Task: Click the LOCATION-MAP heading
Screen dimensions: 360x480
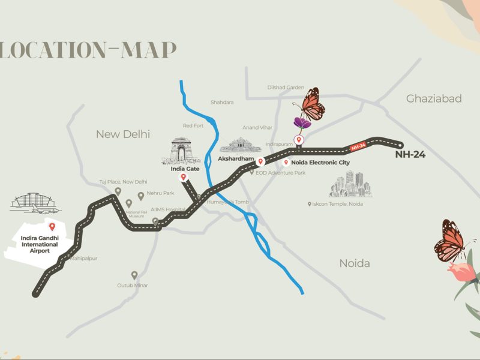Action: click(88, 50)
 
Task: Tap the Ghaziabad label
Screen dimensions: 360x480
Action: click(434, 98)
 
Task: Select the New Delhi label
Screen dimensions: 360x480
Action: click(123, 134)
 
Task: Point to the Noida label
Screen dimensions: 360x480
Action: click(355, 263)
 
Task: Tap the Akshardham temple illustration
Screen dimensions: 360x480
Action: click(241, 145)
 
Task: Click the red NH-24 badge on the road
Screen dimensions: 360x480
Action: click(358, 145)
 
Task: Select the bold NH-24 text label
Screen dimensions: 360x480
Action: click(410, 154)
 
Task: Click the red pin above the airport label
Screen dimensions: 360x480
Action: click(52, 226)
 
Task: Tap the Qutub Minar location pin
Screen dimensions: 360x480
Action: click(134, 275)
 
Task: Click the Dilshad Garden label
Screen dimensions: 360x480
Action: click(286, 88)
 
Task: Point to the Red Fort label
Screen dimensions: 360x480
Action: click(194, 125)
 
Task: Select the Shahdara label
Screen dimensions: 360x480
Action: click(222, 103)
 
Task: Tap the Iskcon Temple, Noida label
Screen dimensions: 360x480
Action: click(340, 204)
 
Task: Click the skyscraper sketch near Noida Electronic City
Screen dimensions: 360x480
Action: click(350, 184)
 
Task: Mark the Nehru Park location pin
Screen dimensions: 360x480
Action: click(141, 196)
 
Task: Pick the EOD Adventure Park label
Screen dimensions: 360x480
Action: click(281, 173)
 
